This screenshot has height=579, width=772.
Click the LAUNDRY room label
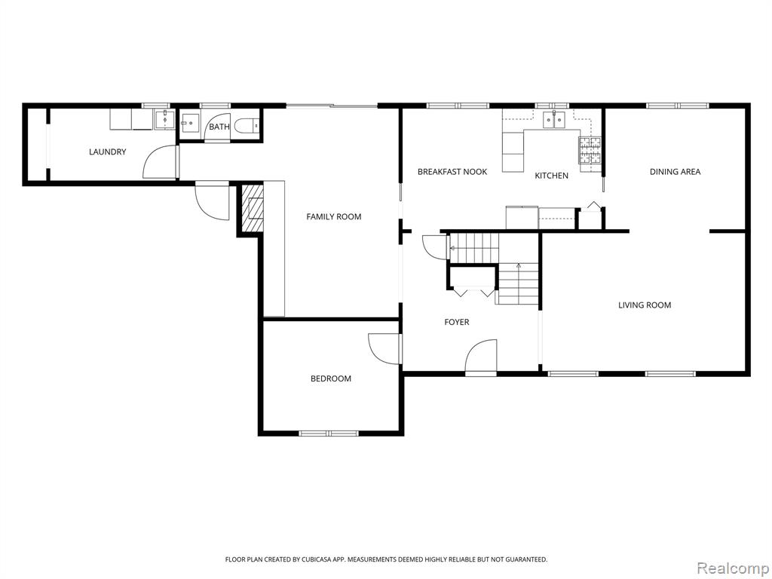(107, 152)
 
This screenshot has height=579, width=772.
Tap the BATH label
(219, 127)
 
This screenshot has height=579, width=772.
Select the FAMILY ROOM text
(334, 216)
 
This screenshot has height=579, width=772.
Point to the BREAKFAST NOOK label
(452, 171)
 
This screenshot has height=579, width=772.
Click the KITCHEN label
(551, 175)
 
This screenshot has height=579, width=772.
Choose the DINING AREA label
(675, 171)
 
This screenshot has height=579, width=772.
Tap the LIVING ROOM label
(645, 305)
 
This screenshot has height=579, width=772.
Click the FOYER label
(456, 321)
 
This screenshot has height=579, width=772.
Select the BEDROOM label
(331, 378)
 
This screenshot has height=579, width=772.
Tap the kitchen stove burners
(590, 150)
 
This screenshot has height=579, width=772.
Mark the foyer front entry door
(481, 357)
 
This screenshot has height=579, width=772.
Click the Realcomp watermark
(733, 568)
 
